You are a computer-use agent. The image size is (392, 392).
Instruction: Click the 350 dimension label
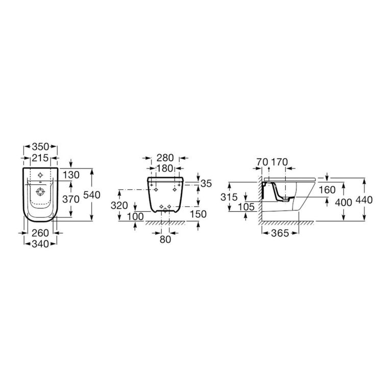pos(40,147)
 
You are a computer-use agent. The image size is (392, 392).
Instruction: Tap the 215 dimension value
pos(40,158)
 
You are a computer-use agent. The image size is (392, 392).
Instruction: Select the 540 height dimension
pos(92,195)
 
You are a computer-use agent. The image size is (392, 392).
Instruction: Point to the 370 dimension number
pos(71,199)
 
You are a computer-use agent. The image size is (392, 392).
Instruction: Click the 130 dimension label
pos(71,175)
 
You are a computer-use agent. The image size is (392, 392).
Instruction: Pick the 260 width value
pos(40,233)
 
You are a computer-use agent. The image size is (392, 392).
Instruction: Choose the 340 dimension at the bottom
pos(40,244)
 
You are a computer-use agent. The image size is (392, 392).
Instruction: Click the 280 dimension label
pos(165,158)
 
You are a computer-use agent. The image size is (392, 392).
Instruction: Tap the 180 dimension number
pos(164,168)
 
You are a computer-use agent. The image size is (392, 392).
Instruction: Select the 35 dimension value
pos(206,184)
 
